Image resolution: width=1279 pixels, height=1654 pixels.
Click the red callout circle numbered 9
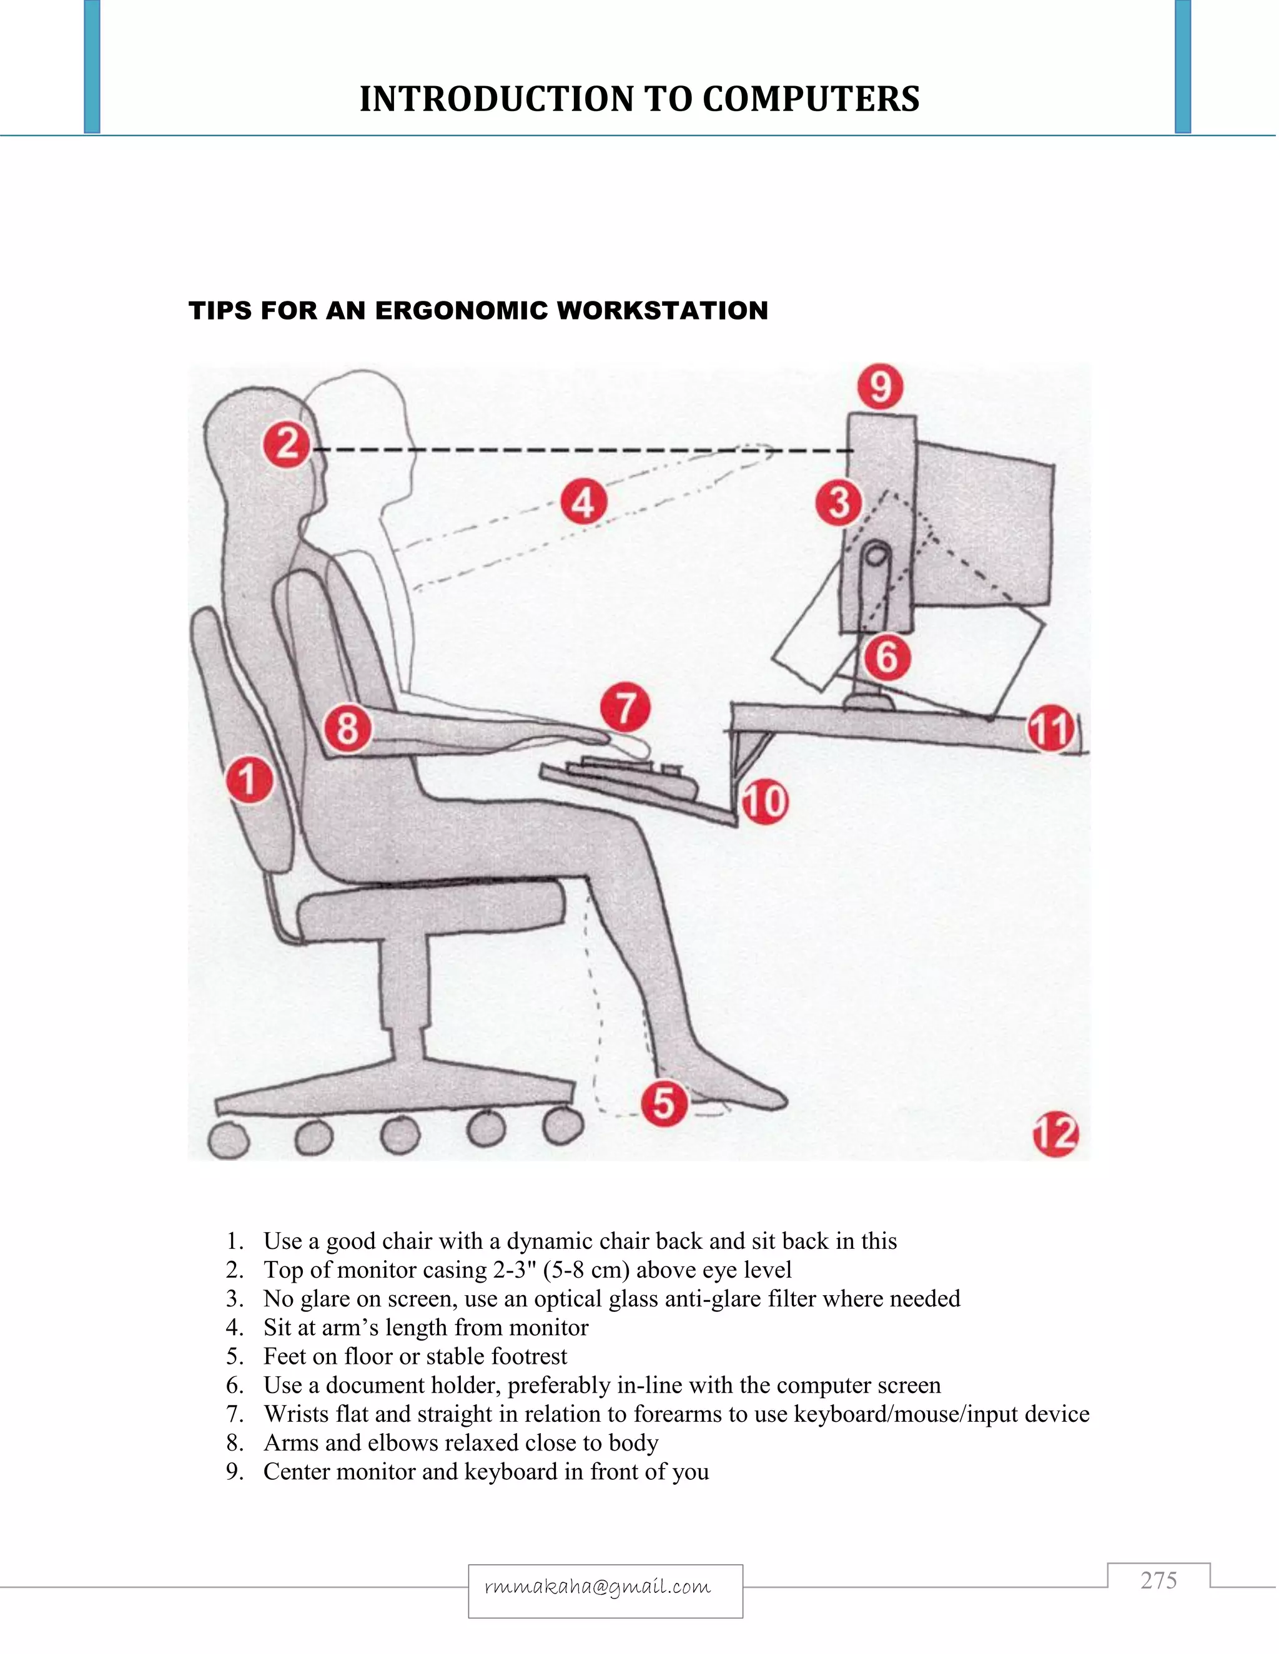[881, 387]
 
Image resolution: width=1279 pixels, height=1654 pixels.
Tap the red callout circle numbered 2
[287, 444]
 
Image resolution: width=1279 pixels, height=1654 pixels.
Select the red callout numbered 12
[1055, 1133]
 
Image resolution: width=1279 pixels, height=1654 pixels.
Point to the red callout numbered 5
[664, 1103]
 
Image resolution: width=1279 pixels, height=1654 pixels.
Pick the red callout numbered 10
[764, 801]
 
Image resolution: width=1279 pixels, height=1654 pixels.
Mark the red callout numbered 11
[1051, 728]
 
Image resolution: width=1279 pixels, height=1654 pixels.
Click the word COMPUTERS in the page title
[811, 99]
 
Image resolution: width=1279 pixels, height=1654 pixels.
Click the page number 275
[1158, 1580]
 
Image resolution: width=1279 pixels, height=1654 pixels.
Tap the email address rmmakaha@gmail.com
[598, 1586]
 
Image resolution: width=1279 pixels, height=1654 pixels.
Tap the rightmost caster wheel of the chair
[562, 1126]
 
